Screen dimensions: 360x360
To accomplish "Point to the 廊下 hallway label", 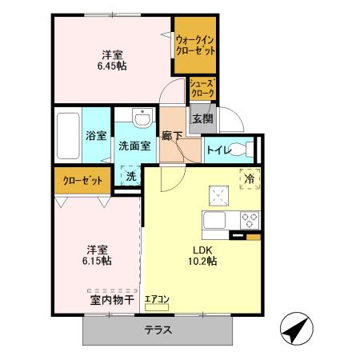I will (172, 135).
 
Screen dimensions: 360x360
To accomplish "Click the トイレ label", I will (218, 150).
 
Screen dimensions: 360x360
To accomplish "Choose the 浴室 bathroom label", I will (96, 135).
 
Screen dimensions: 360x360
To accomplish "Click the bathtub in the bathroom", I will (67, 136).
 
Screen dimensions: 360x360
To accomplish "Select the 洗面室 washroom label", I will (135, 146).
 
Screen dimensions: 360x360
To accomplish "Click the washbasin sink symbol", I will (142, 120).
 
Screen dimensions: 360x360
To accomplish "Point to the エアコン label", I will (157, 300).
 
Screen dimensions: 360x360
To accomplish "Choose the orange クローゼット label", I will (82, 180).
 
